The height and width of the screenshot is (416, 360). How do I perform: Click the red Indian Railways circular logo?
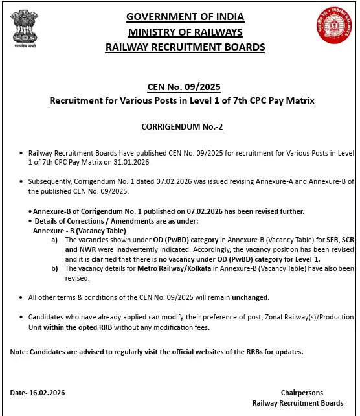pos(332,27)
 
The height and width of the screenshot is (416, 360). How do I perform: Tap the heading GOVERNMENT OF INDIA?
pos(185,16)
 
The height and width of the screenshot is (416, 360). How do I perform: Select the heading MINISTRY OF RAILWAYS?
pos(185,32)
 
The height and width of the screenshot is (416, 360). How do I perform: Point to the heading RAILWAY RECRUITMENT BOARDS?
pos(185,47)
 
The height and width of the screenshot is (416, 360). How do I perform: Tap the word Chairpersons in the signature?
pos(302,393)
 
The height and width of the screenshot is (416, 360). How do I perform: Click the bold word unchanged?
pos(251,297)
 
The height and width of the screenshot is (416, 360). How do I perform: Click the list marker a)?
pos(54,240)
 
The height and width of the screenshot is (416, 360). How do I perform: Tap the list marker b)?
pos(54,268)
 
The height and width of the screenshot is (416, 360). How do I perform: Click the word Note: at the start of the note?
pos(19,352)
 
